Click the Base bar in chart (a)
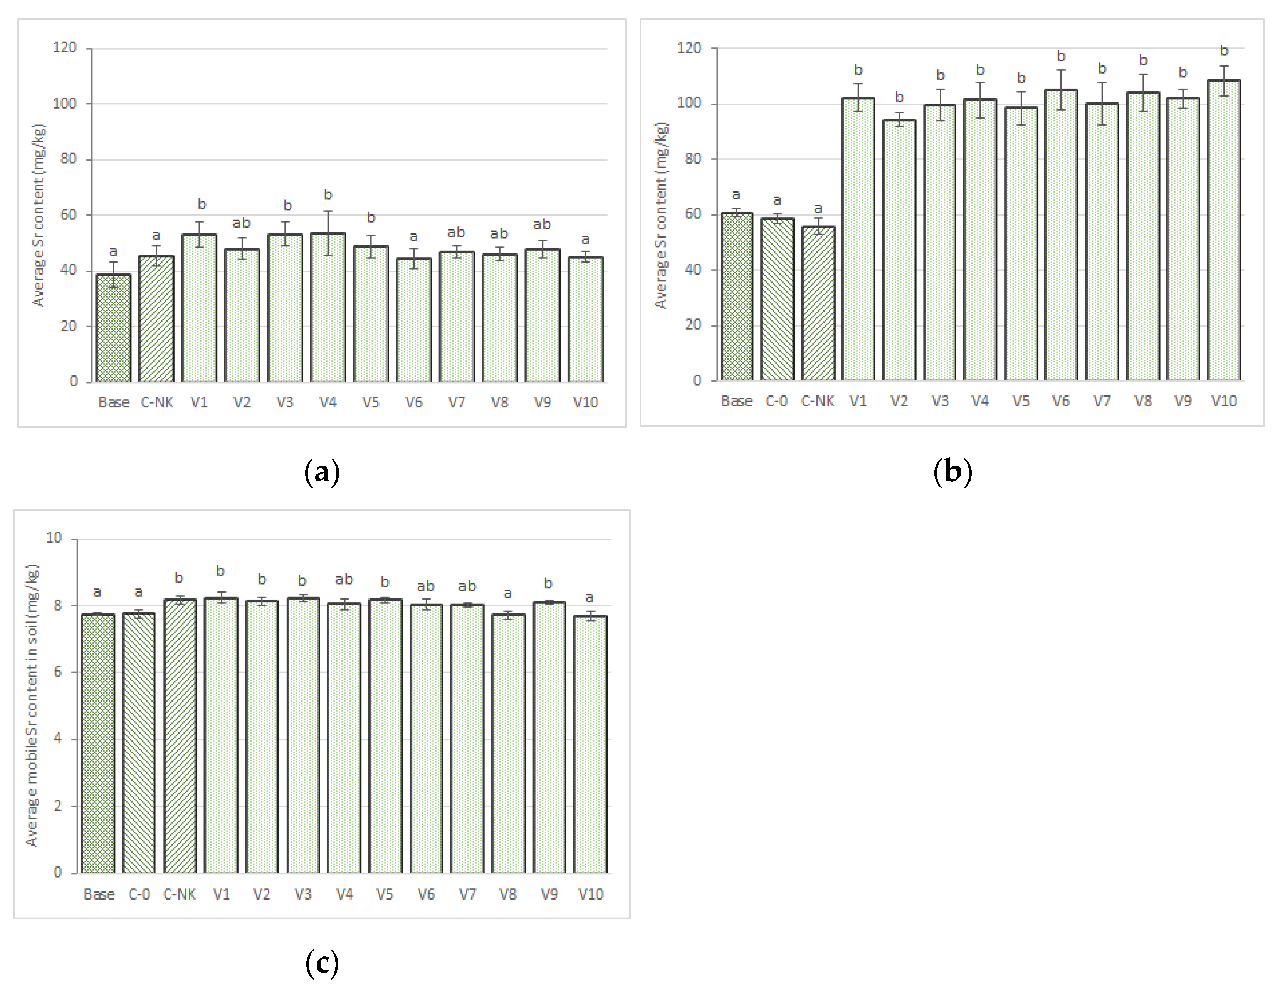[x=113, y=328]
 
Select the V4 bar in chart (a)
[x=328, y=308]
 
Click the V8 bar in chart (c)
[x=508, y=744]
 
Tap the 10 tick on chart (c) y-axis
[x=54, y=538]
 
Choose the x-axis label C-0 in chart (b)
[x=776, y=401]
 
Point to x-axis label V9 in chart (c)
[x=549, y=895]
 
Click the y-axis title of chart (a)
[x=38, y=215]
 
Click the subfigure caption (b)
[x=952, y=472]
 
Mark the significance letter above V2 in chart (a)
[x=242, y=223]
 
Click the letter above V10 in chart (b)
[x=1224, y=51]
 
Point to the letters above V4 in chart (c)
[x=344, y=580]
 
